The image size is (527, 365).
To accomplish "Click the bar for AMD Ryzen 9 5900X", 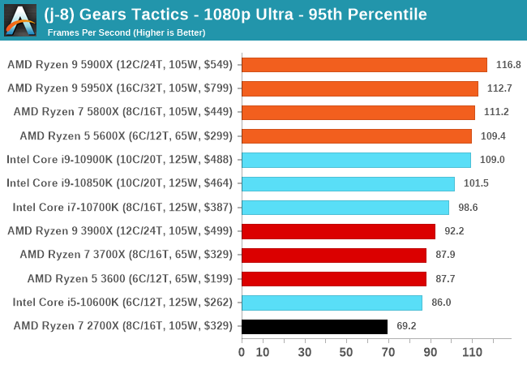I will coord(364,65).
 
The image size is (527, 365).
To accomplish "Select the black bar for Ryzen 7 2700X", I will coord(314,326).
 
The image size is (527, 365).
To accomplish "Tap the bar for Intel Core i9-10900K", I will coord(356,160).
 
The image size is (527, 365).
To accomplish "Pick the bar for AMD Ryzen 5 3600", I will coord(334,279).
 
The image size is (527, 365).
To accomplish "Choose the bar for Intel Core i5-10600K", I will coord(332,303).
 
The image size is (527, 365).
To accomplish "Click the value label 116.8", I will coord(508,65).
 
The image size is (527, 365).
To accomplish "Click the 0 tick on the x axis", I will coord(242,352).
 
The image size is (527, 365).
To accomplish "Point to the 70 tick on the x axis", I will coord(388,352).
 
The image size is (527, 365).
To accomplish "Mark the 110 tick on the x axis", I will coord(473,352).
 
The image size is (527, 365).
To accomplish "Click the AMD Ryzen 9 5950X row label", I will coord(119,88).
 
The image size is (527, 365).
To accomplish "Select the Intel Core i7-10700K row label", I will coord(122,208).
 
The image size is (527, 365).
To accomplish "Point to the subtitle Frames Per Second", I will coord(126,32).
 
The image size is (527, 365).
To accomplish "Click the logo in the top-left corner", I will coord(20,20).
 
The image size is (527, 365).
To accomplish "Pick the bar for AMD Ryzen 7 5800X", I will coord(358,112).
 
